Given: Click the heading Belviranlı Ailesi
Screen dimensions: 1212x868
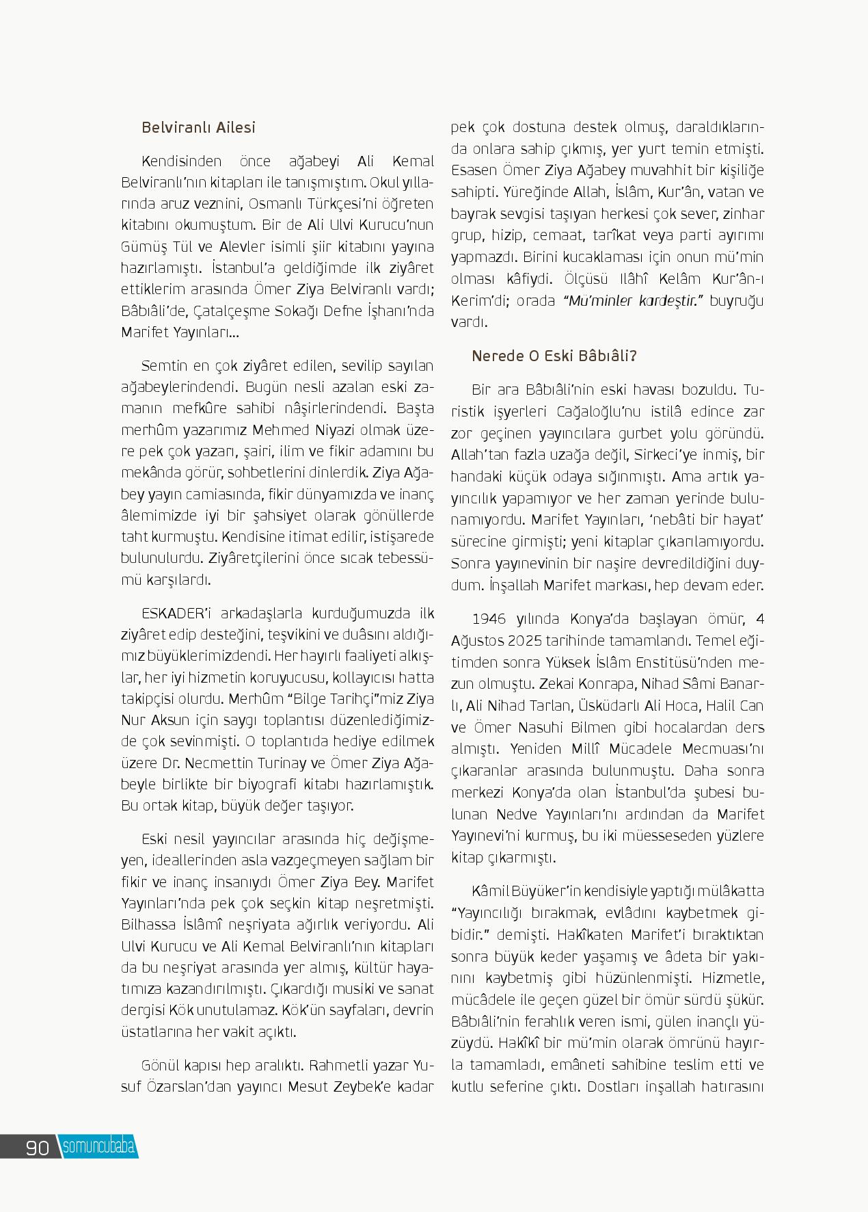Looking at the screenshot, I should tap(198, 128).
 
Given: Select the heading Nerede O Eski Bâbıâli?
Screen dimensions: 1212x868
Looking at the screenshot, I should tap(554, 356).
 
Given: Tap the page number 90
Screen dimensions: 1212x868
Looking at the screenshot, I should tap(38, 1147).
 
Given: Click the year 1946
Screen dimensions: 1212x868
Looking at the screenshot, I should tap(489, 619).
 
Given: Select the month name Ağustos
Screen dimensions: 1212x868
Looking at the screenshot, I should tap(476, 641).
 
